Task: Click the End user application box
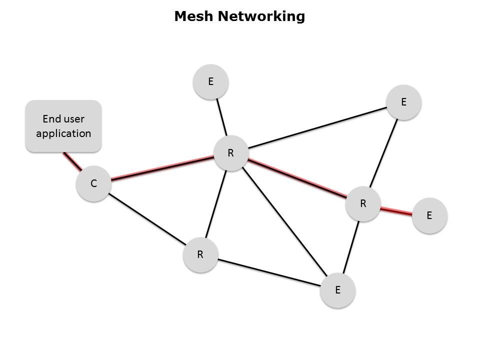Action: (x=63, y=126)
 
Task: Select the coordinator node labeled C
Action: (x=93, y=183)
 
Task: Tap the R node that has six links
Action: (x=230, y=153)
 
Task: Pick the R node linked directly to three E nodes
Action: (x=363, y=203)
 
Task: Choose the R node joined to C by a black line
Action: (x=200, y=254)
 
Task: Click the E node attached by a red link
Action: (x=429, y=215)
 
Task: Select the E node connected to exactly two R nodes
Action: (x=403, y=102)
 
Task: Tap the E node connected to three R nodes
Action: (x=337, y=290)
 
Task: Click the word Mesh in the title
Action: (x=193, y=16)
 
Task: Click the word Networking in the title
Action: (x=260, y=16)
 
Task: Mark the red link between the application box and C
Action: (x=71, y=161)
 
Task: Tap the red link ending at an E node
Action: (x=396, y=210)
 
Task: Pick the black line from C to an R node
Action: (x=146, y=219)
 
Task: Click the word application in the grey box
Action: (x=63, y=133)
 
